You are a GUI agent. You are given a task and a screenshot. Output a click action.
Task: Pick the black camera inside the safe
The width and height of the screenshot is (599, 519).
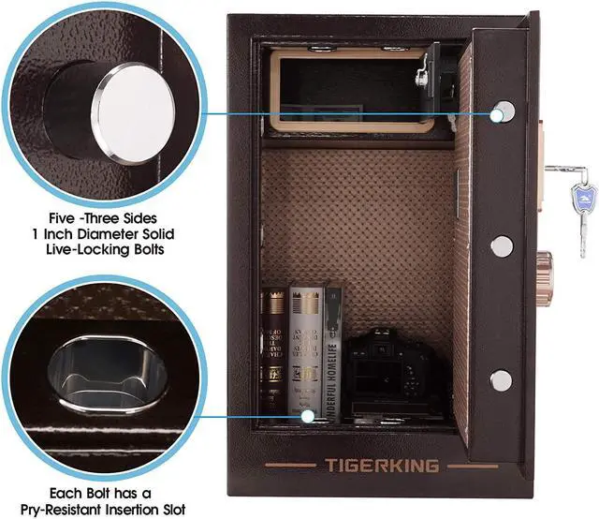388,376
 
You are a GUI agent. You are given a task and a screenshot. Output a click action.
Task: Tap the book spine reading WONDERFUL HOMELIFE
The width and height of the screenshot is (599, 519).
329,356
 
